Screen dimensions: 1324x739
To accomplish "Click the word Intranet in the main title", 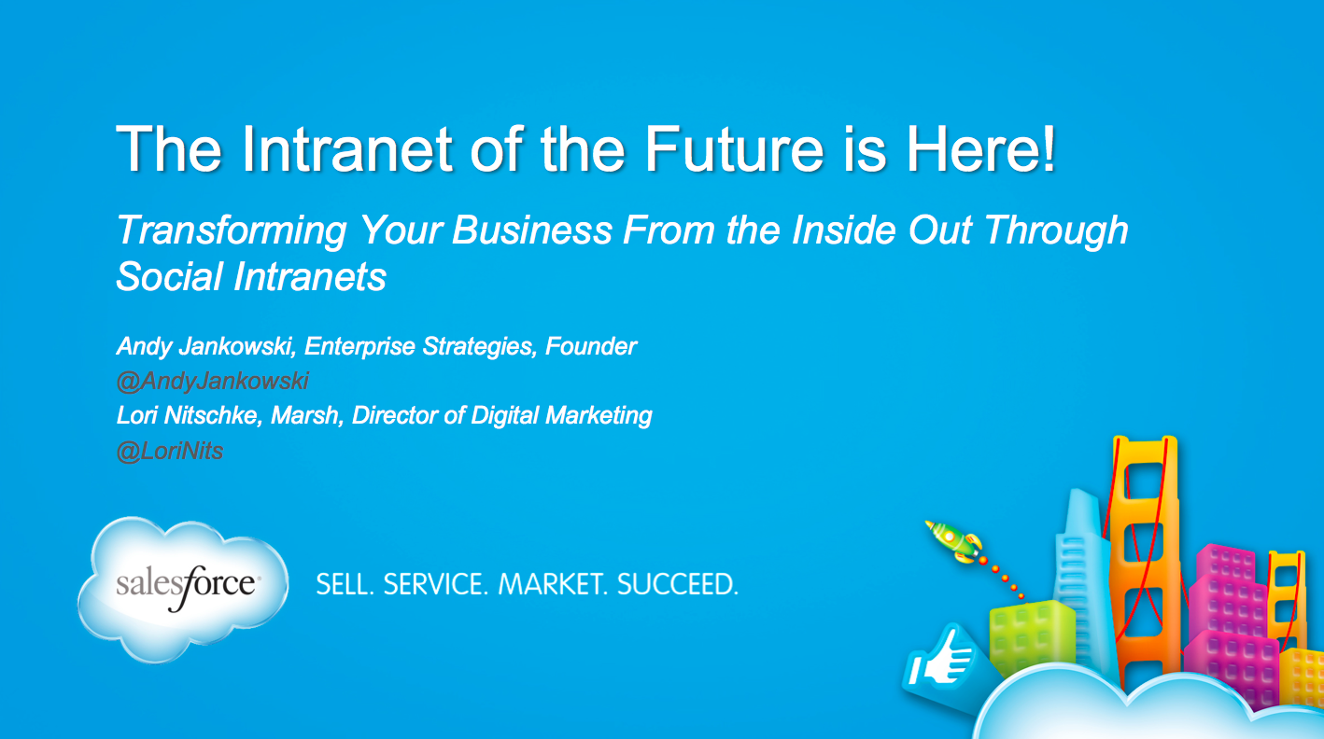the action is point(347,149).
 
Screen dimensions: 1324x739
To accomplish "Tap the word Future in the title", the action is point(734,149).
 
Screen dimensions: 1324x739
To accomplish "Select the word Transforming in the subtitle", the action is point(232,230).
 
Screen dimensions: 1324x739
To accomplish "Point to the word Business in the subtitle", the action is point(532,230).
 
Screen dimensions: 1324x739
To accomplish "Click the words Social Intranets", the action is point(251,276).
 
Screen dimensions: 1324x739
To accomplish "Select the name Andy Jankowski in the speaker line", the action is point(205,347).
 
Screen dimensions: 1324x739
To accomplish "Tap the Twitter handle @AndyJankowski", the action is point(213,382).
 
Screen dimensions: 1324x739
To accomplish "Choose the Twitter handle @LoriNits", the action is point(170,452).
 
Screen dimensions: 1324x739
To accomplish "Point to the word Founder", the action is point(590,346).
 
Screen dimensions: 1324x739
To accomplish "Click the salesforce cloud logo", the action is point(183,589).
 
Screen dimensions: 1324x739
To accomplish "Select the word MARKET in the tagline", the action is point(554,584).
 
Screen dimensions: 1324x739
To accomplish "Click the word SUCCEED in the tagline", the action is point(678,584).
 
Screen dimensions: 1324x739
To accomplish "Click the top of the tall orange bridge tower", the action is point(1145,440).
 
